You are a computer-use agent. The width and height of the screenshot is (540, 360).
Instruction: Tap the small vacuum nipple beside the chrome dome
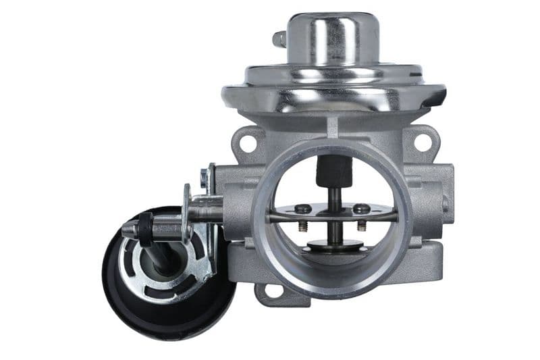(278, 39)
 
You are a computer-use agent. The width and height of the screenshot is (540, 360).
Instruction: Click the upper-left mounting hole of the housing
(246, 143)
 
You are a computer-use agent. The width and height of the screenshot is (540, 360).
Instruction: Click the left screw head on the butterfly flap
(304, 209)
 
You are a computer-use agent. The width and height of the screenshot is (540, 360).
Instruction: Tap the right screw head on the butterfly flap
(363, 209)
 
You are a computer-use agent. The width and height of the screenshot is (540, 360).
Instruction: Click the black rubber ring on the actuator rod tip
(143, 230)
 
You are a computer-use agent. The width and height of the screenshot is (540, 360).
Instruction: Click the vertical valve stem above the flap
(334, 199)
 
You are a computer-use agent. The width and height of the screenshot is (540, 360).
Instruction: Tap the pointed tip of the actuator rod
(126, 232)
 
